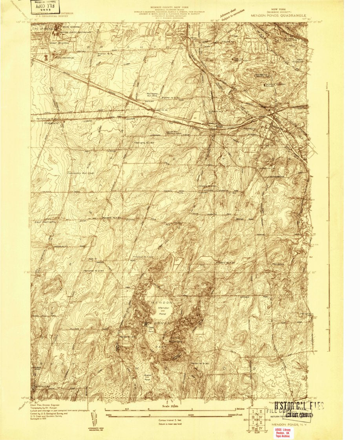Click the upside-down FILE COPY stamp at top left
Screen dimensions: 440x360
click(43, 6)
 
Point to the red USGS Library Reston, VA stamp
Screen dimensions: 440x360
click(282, 432)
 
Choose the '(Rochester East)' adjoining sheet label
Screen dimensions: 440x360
click(167, 20)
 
